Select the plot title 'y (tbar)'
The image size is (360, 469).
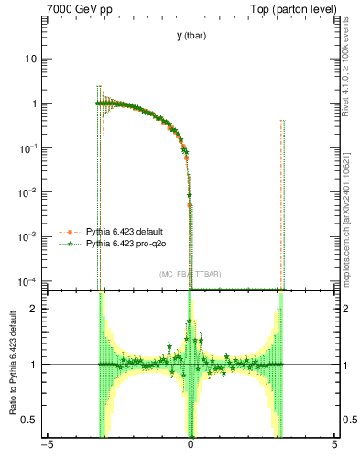point(191,36)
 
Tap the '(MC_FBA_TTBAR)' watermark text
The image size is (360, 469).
point(190,275)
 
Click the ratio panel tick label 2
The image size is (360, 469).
point(36,309)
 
